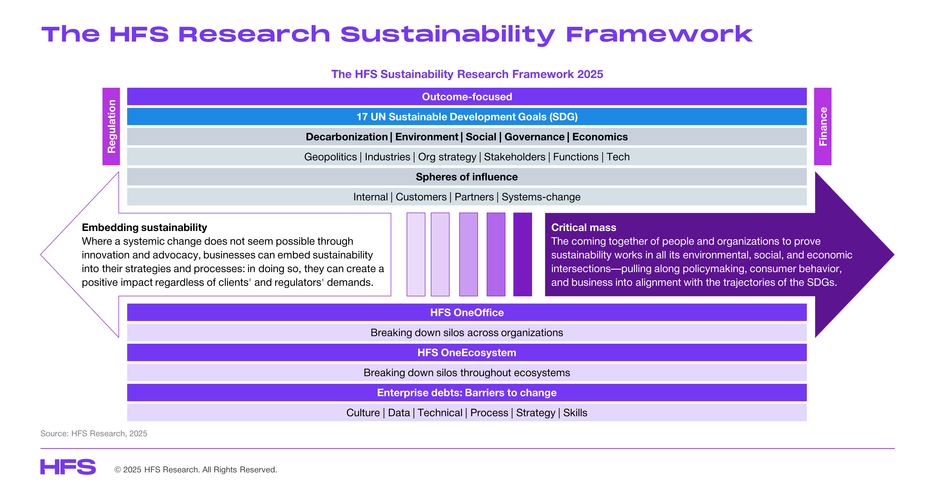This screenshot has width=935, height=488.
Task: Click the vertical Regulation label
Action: (x=111, y=126)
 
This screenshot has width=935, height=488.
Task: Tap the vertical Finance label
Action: (x=823, y=126)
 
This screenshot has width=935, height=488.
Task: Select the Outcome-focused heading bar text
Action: (x=467, y=96)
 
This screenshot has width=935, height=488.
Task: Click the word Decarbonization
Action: (x=347, y=137)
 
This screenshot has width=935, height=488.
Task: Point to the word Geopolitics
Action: (x=330, y=157)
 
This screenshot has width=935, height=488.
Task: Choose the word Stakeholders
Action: (x=514, y=157)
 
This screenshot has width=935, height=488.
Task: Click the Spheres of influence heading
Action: (x=467, y=177)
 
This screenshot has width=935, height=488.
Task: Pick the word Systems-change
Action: (x=541, y=197)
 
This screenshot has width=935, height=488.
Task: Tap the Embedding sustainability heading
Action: (x=144, y=228)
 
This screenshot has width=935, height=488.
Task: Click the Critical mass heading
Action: (x=584, y=228)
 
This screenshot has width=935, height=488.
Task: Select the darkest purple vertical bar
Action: (x=523, y=254)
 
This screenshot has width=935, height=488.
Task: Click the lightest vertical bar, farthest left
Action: (x=416, y=254)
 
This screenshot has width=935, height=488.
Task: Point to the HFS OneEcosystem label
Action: (x=467, y=353)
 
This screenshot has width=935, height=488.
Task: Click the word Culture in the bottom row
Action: (x=363, y=413)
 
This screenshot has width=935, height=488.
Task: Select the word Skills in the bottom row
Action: (x=575, y=413)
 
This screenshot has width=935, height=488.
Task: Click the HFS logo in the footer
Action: (x=68, y=467)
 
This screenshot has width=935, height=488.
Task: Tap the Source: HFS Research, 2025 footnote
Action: (x=94, y=434)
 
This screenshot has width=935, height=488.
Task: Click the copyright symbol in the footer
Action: (x=118, y=470)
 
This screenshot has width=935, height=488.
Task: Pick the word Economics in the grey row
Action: (x=600, y=137)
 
